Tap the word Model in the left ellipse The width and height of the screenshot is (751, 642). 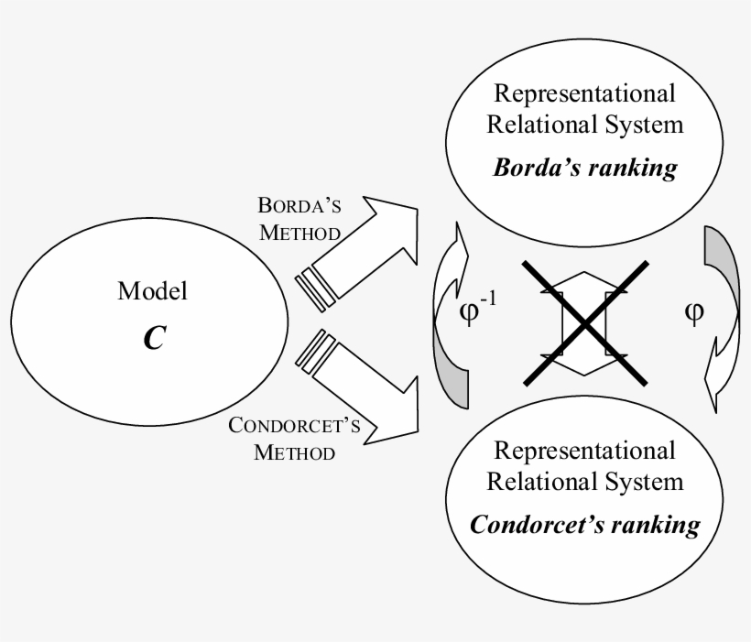point(153,292)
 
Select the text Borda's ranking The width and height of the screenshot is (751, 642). point(585,169)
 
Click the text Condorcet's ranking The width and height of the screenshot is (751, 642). point(584,525)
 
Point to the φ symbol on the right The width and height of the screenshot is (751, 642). point(694,312)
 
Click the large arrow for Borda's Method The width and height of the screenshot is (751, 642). point(366,247)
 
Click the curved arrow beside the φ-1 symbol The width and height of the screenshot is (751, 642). point(450,316)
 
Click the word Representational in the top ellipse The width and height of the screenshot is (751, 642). point(584,93)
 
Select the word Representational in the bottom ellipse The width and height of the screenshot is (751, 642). point(584,451)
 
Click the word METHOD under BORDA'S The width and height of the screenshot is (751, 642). point(300,232)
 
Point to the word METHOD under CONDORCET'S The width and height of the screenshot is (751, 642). point(295,452)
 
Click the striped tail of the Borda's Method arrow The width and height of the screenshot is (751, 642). point(313,286)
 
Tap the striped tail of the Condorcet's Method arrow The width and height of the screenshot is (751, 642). point(313,349)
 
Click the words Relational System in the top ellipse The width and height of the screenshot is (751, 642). point(584,124)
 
